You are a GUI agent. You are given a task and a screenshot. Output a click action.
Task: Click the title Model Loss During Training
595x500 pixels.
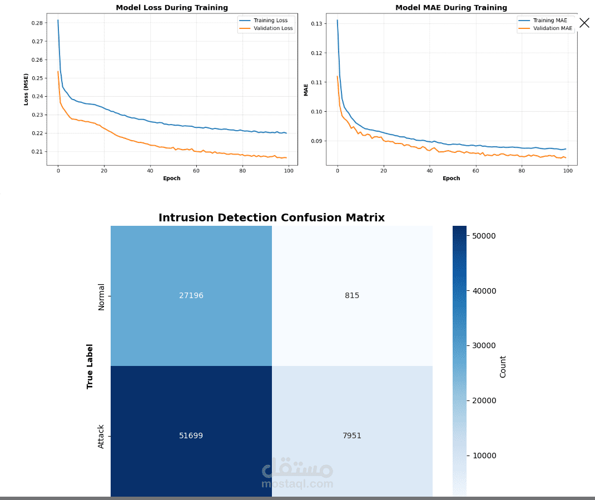[172, 8]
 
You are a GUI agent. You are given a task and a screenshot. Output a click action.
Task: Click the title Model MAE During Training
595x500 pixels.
[451, 8]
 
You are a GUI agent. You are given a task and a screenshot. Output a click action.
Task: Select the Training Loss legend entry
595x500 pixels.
[270, 21]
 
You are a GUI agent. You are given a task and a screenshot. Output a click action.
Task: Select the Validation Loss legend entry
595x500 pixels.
[272, 28]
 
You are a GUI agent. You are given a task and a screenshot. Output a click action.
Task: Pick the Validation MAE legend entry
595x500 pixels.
[552, 28]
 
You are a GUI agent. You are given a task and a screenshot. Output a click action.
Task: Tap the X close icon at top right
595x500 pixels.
[584, 23]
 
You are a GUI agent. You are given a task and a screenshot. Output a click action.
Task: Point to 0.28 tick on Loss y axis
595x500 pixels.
[38, 23]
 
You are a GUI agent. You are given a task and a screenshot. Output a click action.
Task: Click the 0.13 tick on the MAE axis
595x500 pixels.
[317, 24]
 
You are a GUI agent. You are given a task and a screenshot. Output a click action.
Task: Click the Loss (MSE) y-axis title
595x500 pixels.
[26, 89]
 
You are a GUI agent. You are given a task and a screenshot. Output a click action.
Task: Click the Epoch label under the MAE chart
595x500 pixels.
[451, 179]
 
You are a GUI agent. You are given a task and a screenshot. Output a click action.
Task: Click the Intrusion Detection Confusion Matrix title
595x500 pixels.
[271, 218]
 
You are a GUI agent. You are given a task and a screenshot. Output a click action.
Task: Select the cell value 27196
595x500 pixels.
[191, 295]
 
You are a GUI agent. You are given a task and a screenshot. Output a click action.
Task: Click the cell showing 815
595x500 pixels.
[352, 295]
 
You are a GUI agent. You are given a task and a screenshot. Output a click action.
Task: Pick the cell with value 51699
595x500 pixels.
[191, 435]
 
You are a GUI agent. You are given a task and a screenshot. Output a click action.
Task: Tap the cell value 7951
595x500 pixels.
[352, 435]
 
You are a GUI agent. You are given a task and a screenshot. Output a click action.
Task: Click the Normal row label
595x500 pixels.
[101, 296]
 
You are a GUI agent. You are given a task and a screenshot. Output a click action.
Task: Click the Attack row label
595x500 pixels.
[101, 437]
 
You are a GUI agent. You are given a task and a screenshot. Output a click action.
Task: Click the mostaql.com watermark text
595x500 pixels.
[297, 484]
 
